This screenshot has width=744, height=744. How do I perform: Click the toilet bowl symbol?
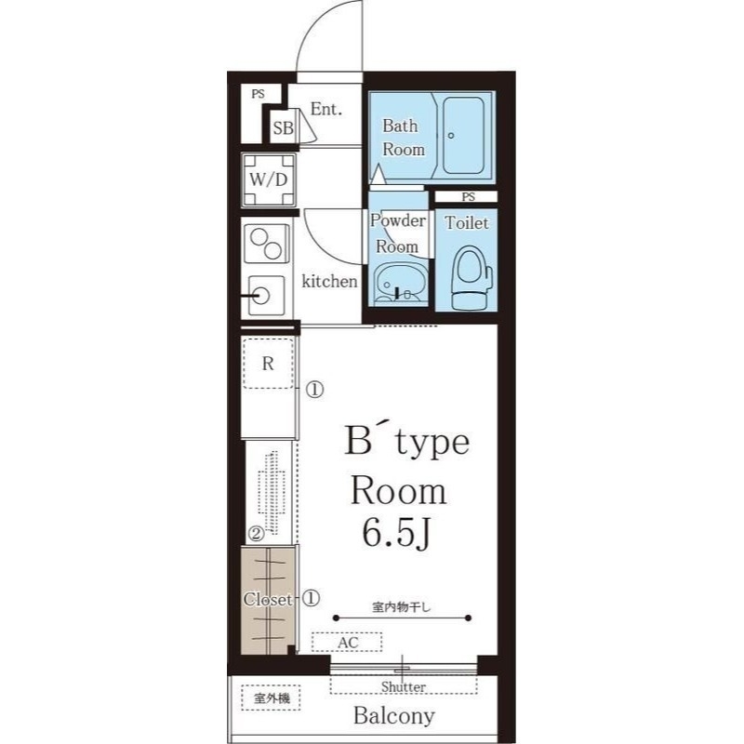point(472,277)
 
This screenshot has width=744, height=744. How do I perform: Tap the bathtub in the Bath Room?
point(463,135)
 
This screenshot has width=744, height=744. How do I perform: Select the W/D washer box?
point(269,179)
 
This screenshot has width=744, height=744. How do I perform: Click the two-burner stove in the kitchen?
point(266,244)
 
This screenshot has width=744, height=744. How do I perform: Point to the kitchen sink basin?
point(266,296)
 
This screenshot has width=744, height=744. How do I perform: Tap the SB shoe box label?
point(284,127)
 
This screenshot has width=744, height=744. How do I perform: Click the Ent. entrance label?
point(326,109)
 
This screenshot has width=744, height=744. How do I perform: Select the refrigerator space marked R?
point(268,364)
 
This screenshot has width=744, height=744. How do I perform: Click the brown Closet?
point(268,600)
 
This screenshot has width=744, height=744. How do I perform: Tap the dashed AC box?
point(347,643)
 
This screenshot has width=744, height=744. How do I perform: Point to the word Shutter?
point(404,686)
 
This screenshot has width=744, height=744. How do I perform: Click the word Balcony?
point(393,715)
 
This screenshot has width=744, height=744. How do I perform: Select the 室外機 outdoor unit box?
point(271,698)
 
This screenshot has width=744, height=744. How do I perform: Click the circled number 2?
point(257,534)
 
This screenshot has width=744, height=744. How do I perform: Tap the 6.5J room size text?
point(396,533)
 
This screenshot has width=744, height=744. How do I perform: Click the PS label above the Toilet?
point(469,196)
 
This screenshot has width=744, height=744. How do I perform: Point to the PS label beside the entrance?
point(259,94)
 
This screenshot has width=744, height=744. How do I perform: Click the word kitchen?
point(329,281)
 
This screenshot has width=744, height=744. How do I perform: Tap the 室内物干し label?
point(402,607)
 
